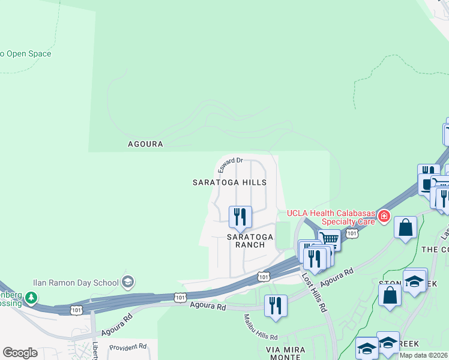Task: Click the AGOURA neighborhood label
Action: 145,144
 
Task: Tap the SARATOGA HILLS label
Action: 229,182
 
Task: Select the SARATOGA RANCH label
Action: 250,241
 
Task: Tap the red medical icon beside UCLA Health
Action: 383,215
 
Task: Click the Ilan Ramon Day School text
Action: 76,281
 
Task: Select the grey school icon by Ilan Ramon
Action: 127,281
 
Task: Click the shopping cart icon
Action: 329,239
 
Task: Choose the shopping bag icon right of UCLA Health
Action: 406,228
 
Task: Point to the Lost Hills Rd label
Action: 313,293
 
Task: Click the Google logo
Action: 20,353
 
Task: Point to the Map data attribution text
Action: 423,355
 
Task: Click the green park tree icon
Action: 31,296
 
